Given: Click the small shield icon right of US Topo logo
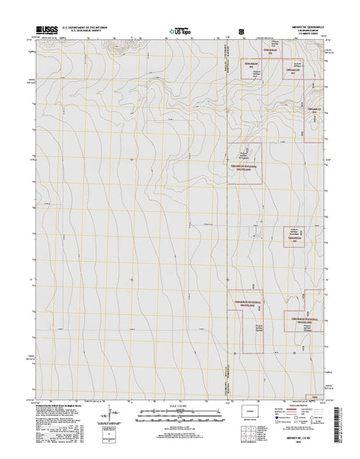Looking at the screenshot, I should tap(242, 31).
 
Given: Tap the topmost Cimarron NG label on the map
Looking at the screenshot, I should tap(250, 63).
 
